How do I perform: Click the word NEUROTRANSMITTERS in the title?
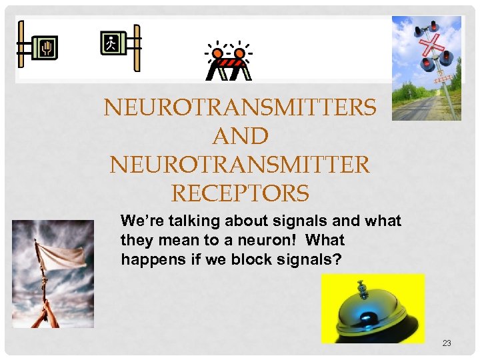coord(240,107)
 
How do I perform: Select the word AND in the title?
coord(240,136)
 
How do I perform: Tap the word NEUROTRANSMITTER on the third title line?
coord(240,165)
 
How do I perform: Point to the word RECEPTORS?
coord(240,193)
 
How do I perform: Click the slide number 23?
coord(447,343)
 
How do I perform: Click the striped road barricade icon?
coord(229,67)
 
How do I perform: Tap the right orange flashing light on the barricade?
coord(242,51)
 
